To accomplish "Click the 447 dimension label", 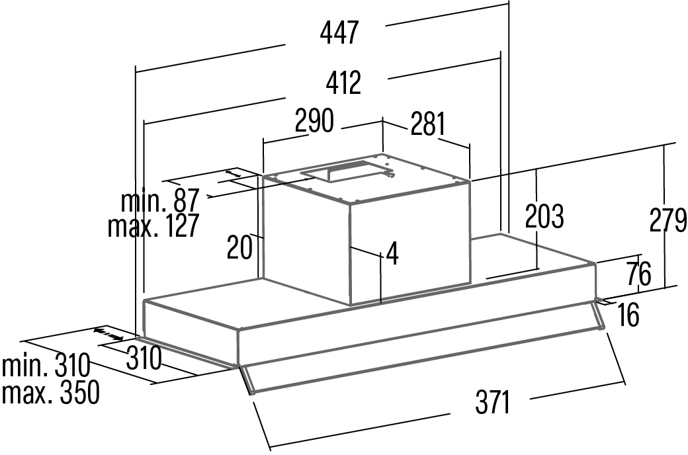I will pyautogui.click(x=339, y=32).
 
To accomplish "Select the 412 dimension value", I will pyautogui.click(x=343, y=83).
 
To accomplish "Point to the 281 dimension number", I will pyautogui.click(x=427, y=124).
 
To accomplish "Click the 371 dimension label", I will pyautogui.click(x=493, y=402).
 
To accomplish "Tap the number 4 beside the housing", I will pyautogui.click(x=393, y=255).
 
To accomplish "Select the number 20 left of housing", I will pyautogui.click(x=239, y=247).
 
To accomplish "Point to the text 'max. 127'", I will pyautogui.click(x=153, y=226).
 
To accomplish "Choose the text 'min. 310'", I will pyautogui.click(x=46, y=366).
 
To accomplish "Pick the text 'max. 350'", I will pyautogui.click(x=50, y=393).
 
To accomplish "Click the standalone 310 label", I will pyautogui.click(x=143, y=358).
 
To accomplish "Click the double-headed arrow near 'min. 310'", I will pyautogui.click(x=108, y=333).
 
